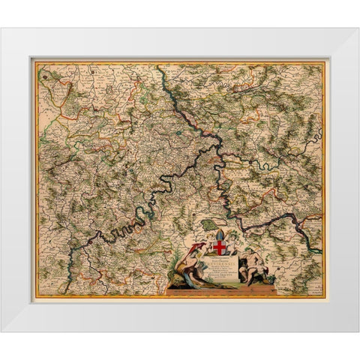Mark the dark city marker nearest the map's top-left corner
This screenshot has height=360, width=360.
click(x=44, y=75)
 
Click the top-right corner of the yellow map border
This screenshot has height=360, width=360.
click(x=324, y=63)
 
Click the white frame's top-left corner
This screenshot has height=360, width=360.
click(x=1, y=28)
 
